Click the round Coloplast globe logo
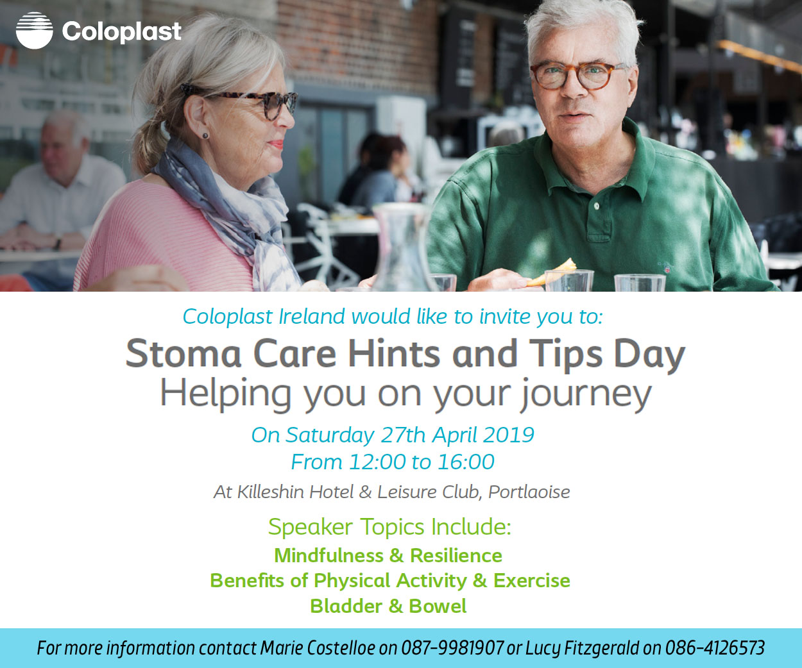pyautogui.click(x=34, y=31)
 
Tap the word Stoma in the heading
pyautogui.click(x=183, y=353)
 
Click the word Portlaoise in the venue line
pyautogui.click(x=529, y=492)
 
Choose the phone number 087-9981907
pyautogui.click(x=452, y=647)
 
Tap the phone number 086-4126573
pyautogui.click(x=715, y=647)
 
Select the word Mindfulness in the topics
pyautogui.click(x=328, y=555)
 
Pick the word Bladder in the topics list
pyautogui.click(x=346, y=606)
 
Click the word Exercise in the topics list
pyautogui.click(x=532, y=580)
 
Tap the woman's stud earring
pyautogui.click(x=205, y=136)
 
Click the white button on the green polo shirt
pyautogui.click(x=597, y=206)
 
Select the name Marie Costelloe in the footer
pyautogui.click(x=317, y=647)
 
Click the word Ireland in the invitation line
pyautogui.click(x=312, y=316)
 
